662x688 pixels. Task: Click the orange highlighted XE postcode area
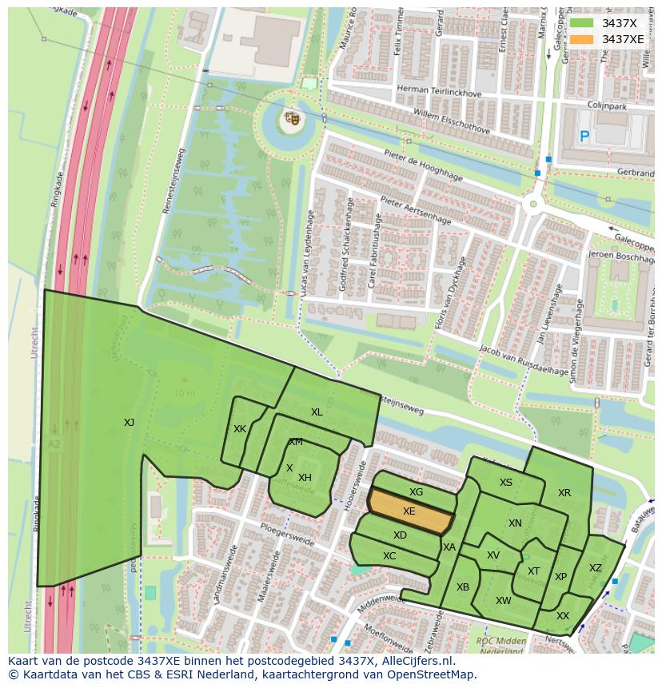tap(409, 511)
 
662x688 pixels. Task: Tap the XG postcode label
tap(416, 492)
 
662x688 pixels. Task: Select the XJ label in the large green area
tap(129, 423)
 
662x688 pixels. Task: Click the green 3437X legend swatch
tap(582, 23)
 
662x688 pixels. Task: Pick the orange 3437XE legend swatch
tap(582, 39)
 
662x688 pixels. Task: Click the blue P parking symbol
tap(584, 137)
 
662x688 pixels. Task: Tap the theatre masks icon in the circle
tap(292, 119)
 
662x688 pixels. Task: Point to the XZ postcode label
tap(595, 568)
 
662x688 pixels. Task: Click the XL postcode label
tap(317, 412)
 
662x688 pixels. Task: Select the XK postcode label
tap(240, 429)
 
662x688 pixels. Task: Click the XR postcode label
tap(564, 493)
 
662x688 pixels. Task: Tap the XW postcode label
tap(503, 601)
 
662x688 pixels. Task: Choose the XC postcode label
tap(389, 556)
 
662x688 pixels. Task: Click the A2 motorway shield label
tap(54, 443)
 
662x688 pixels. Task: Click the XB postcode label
tap(463, 587)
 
